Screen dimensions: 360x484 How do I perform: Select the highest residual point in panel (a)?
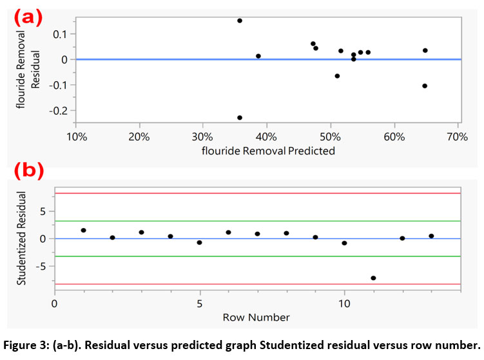tap(240, 21)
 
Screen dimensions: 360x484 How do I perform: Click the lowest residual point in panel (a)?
tap(240, 118)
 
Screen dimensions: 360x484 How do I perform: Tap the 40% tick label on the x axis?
tap(266, 136)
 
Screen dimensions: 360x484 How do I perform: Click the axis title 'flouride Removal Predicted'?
tap(268, 151)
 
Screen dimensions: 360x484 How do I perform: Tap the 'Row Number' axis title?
tap(256, 317)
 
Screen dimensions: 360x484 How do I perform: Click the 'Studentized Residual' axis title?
tap(21, 238)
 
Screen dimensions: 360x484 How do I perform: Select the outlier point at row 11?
tap(373, 278)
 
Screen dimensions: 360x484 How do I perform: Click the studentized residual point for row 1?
tap(84, 230)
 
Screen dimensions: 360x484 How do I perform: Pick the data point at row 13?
tap(431, 236)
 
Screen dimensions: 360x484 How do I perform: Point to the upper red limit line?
tap(258, 193)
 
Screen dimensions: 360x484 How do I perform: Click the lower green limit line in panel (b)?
tap(258, 256)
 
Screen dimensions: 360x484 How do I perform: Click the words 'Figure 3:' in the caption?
tap(27, 343)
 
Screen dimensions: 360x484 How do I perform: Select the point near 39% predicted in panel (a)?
tap(258, 56)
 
